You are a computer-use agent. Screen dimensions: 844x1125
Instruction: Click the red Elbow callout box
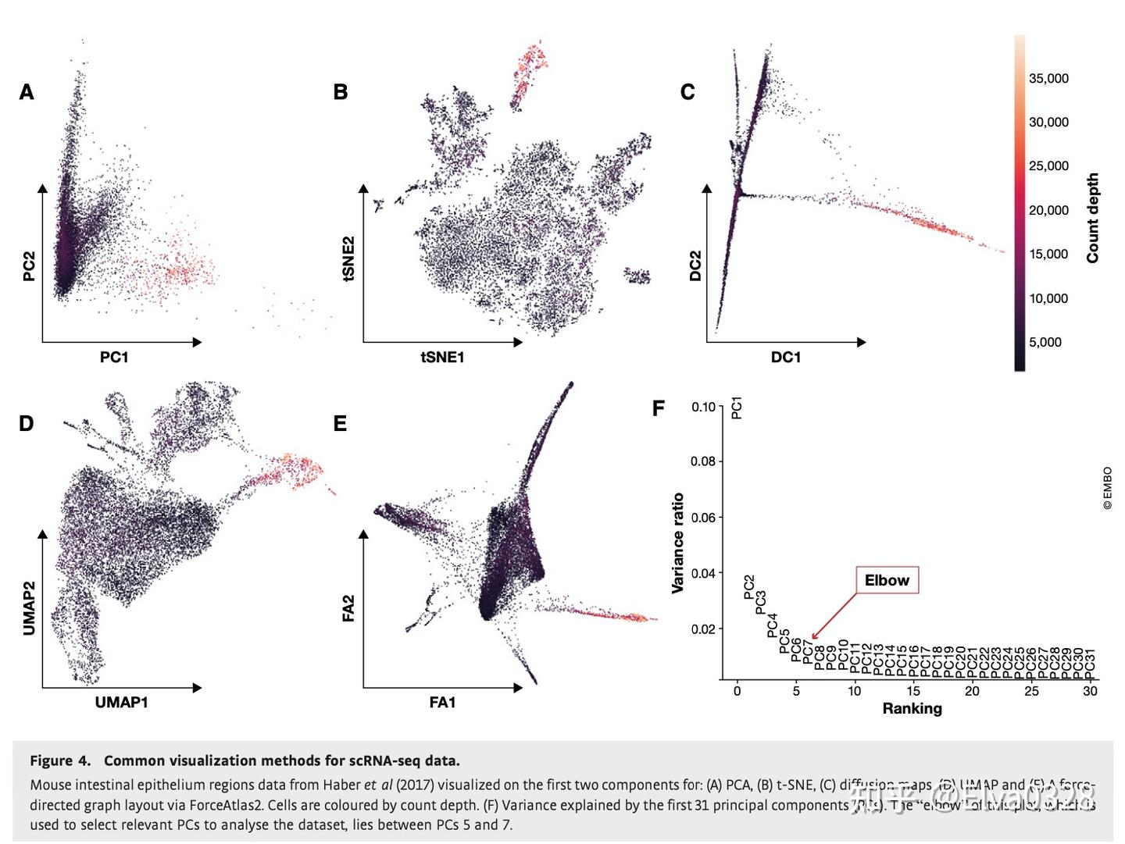887,580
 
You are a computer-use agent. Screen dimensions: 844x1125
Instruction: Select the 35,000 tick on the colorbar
1048,78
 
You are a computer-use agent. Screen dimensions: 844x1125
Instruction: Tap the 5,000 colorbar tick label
1045,342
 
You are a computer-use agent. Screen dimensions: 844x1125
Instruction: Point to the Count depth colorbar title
1092,218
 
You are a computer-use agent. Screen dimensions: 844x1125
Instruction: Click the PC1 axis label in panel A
114,357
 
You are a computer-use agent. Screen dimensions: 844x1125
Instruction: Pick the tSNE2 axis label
348,258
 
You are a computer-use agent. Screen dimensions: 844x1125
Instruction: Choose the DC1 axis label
786,357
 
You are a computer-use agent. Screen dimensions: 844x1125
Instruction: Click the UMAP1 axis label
121,702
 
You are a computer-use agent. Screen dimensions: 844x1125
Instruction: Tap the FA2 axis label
348,609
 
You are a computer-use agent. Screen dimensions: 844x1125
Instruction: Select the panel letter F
659,408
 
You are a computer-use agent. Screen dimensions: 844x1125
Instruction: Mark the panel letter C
687,92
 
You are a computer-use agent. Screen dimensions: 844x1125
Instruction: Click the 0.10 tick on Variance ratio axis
703,407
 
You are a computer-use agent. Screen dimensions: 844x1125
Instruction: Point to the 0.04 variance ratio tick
703,573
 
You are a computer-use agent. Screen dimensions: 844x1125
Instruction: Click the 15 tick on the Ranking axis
913,691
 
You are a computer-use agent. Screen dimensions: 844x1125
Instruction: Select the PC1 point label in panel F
737,408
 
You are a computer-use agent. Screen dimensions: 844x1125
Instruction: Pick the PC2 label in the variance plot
749,587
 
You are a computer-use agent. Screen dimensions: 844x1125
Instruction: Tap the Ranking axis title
912,708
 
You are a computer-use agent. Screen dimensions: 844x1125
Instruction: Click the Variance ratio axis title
678,543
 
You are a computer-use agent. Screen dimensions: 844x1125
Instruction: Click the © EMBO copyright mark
1107,489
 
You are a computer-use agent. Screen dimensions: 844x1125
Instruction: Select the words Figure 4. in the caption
60,760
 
